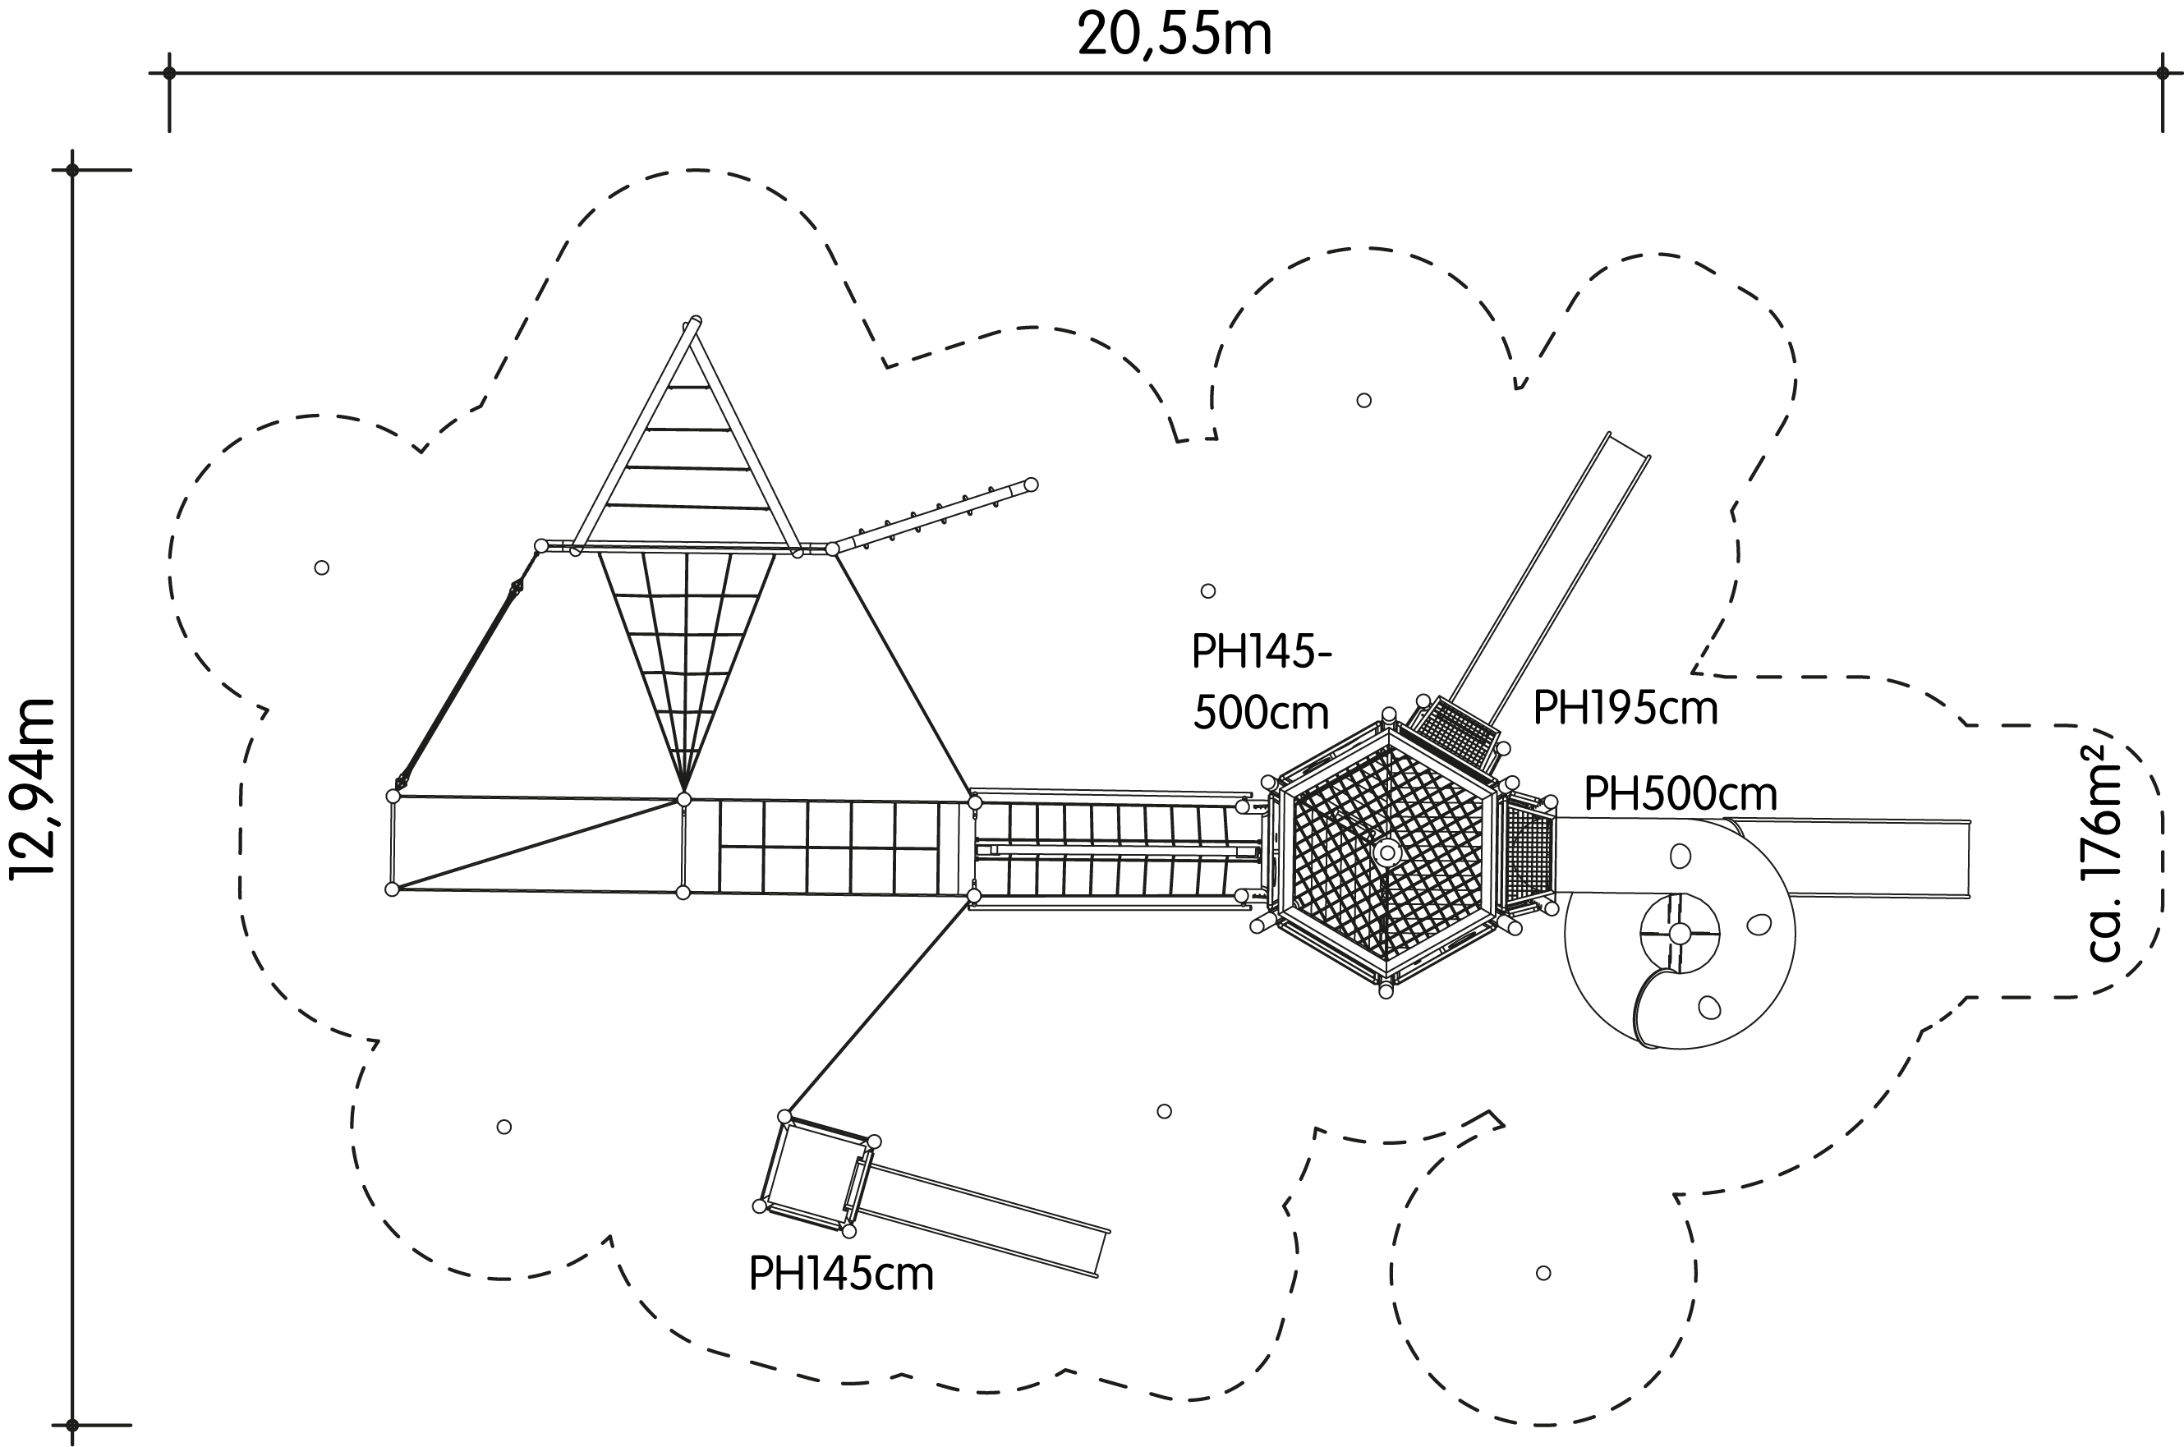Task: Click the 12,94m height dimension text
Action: click(x=33, y=790)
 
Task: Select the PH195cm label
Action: click(x=1625, y=710)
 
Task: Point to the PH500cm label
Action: click(x=1680, y=793)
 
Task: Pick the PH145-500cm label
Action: click(x=1261, y=683)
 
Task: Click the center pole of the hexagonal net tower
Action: click(x=1386, y=852)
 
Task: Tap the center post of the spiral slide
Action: click(x=1679, y=933)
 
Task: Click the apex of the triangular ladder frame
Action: click(x=694, y=323)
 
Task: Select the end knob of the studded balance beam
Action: click(x=1031, y=485)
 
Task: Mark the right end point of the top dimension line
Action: click(x=2162, y=73)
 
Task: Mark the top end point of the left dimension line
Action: click(x=73, y=170)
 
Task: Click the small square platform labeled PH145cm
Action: click(x=816, y=1173)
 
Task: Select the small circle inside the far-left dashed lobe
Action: click(x=321, y=567)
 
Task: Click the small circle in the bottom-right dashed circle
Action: click(x=1543, y=1273)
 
